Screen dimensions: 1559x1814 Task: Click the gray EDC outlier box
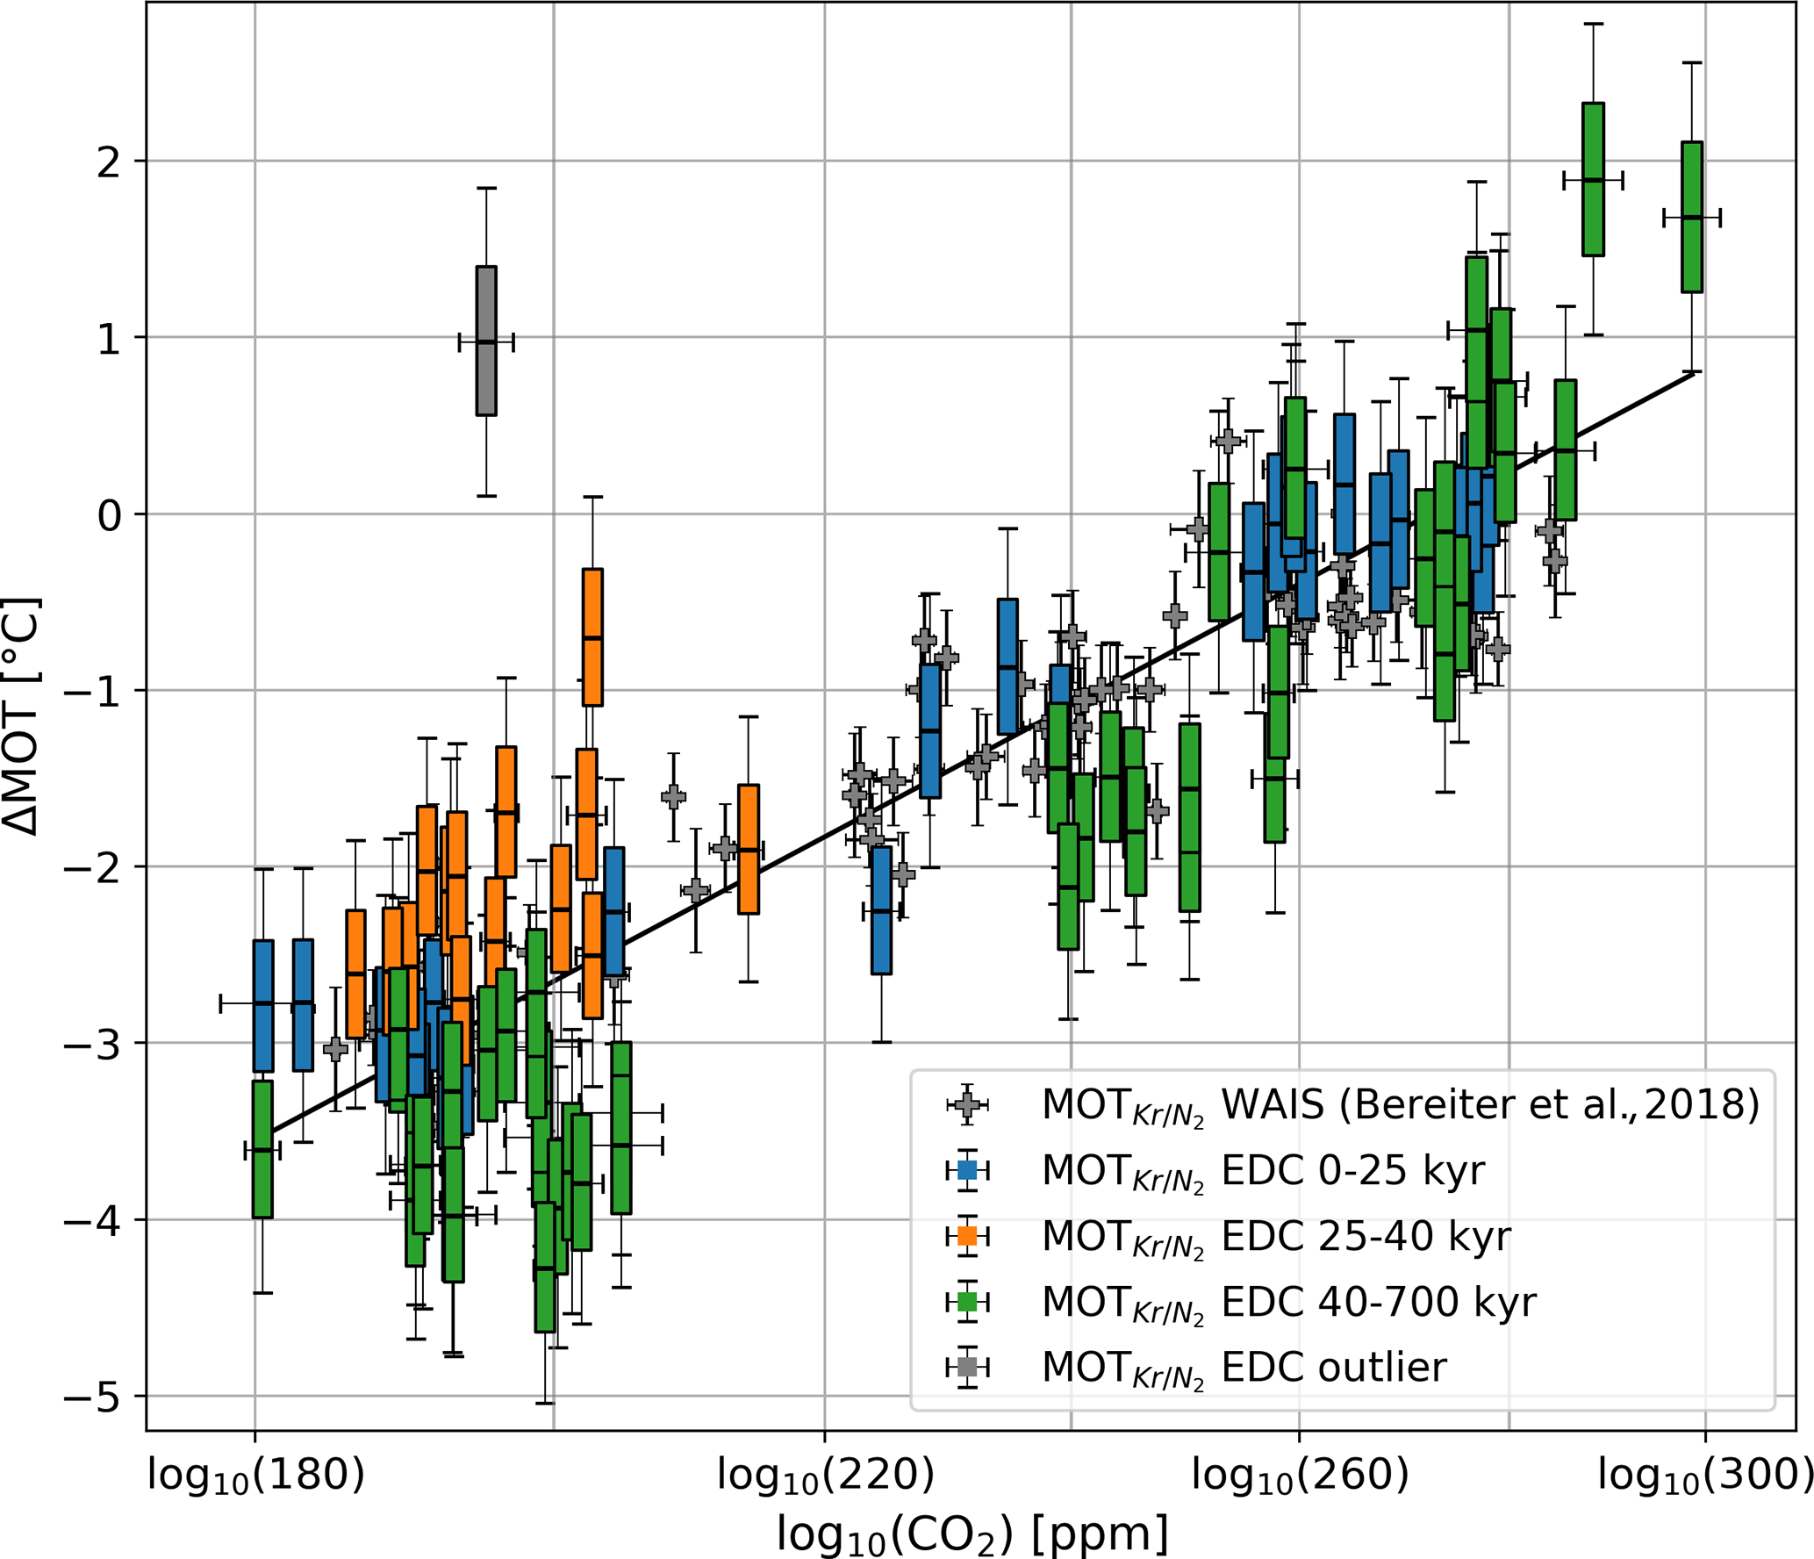(486, 341)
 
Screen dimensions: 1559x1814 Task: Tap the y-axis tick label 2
(110, 162)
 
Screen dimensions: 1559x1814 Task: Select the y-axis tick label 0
(110, 515)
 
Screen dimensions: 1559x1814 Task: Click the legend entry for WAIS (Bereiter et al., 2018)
(1400, 1106)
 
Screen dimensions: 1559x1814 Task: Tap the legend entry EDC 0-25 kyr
(1263, 1171)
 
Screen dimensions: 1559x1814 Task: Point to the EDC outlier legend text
(1244, 1368)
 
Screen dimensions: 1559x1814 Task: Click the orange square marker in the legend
(967, 1236)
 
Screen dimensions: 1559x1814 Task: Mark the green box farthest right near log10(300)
(1692, 217)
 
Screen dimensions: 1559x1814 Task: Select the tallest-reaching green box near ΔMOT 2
(1593, 180)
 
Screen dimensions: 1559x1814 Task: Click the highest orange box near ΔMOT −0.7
(592, 637)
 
